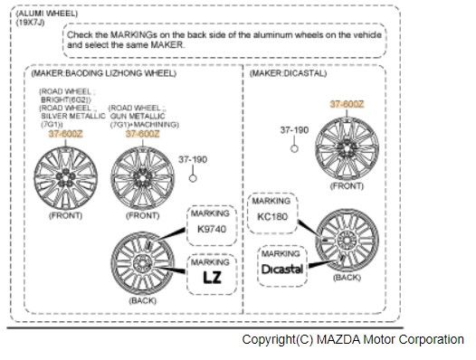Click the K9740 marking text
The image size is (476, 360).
211,230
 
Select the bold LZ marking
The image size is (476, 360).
211,279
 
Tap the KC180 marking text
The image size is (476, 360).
273,217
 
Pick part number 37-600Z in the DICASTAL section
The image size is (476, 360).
347,104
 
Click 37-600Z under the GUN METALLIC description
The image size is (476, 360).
142,133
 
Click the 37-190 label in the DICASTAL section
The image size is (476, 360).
294,130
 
